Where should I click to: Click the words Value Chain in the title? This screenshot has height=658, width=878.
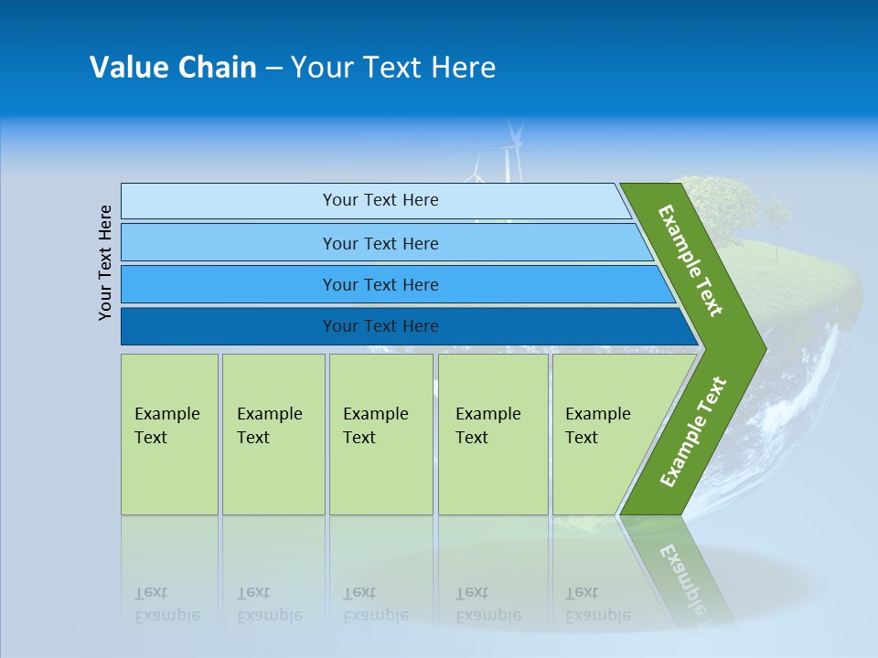(x=173, y=67)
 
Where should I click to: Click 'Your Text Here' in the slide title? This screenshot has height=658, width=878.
(x=393, y=67)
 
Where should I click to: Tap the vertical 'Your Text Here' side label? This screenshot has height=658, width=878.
(x=105, y=262)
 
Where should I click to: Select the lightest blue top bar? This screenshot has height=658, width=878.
(x=380, y=200)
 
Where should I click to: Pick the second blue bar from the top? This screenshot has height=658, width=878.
(x=380, y=243)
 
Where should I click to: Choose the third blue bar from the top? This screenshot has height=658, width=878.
(x=380, y=284)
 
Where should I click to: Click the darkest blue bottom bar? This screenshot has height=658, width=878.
(x=380, y=326)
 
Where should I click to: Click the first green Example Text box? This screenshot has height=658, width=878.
(x=169, y=434)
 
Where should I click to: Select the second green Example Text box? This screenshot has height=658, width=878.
(x=273, y=434)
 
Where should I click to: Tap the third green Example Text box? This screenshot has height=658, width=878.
(x=380, y=434)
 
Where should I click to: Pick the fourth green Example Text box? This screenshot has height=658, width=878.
(x=492, y=434)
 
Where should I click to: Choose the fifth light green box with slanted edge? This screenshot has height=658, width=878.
(x=604, y=434)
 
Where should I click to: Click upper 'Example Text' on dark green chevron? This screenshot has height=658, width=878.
(x=691, y=260)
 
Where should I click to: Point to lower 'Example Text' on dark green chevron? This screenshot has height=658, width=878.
(x=693, y=431)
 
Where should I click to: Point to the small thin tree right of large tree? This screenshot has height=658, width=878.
(x=778, y=219)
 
